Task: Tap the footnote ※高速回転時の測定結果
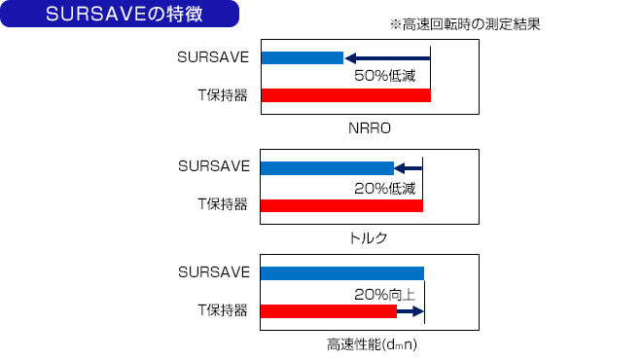[x=464, y=25]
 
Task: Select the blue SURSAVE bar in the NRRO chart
[x=302, y=57]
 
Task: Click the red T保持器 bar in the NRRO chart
[x=345, y=95]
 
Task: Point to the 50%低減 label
[x=385, y=77]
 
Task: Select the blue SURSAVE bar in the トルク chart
[x=327, y=168]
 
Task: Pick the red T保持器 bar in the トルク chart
[x=341, y=205]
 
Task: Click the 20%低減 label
[x=385, y=188]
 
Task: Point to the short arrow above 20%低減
[x=409, y=168]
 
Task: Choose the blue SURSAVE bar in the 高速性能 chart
[x=342, y=272]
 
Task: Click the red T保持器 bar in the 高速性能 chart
[x=329, y=311]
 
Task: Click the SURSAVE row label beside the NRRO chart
[x=214, y=57]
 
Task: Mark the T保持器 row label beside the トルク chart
[x=222, y=205]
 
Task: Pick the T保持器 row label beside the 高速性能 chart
[x=222, y=311]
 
